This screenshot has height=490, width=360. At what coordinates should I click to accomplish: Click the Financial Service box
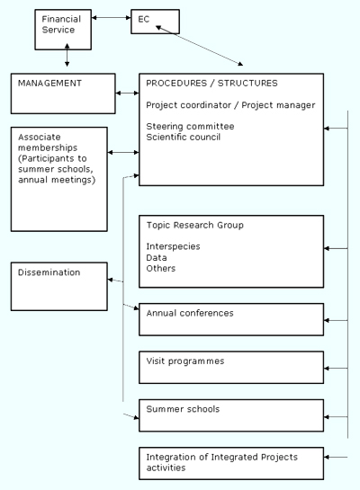pos(63,30)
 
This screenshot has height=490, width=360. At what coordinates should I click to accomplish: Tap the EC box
pos(155,22)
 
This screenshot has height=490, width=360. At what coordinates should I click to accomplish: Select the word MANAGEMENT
pos(49,83)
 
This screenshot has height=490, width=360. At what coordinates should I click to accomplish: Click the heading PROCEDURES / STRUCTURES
pos(211,83)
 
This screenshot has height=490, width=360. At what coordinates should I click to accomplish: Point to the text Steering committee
pos(190,126)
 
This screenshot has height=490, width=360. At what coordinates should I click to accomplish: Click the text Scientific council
pos(184,138)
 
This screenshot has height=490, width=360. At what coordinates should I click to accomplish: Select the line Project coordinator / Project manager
pos(230,105)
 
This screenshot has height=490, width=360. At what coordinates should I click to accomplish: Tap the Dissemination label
pos(49,272)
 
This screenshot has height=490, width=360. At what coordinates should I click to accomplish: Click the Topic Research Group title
pos(195,226)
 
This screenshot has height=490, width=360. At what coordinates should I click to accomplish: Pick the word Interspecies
pos(173,246)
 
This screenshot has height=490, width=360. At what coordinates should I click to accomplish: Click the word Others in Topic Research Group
pos(161,269)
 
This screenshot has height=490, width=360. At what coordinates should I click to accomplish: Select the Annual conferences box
pos(231,319)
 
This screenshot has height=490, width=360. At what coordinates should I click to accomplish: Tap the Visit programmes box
pos(231,368)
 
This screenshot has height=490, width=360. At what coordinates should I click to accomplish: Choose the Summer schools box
pos(231,415)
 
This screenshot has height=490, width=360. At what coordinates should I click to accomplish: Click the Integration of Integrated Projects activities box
pos(231,463)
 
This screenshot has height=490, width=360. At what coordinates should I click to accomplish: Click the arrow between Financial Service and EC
pos(111,18)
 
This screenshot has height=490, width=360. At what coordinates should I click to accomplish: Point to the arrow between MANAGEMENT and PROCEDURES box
pos(127,93)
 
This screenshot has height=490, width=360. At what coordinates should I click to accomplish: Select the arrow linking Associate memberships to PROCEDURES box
pos(123,152)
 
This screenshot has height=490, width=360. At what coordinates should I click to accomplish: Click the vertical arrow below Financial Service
pos(67,55)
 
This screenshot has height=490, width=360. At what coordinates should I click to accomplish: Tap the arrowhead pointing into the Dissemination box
pos(110,280)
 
